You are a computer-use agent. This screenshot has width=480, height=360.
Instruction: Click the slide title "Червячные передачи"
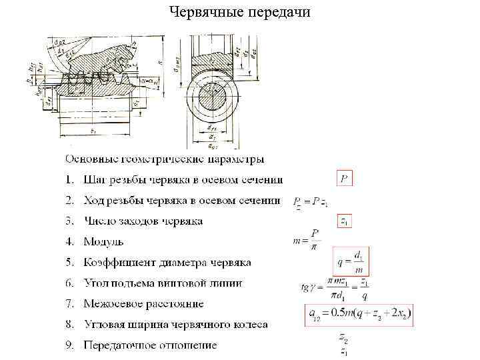pos(239,13)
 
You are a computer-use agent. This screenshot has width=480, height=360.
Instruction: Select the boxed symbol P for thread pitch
pos(343,179)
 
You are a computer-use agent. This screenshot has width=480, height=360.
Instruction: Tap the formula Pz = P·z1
pos(311,201)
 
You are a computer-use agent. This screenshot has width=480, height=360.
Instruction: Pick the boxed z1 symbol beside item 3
pos(344,221)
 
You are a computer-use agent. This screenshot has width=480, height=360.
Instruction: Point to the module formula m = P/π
pos(307,239)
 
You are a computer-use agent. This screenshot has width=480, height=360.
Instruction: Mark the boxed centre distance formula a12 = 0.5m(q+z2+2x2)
pos(359,315)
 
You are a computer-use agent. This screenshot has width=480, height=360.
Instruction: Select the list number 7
pos(69,303)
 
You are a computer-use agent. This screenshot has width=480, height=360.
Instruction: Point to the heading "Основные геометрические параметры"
pos(164,159)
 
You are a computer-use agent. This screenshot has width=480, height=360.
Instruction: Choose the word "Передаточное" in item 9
pos(120,345)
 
